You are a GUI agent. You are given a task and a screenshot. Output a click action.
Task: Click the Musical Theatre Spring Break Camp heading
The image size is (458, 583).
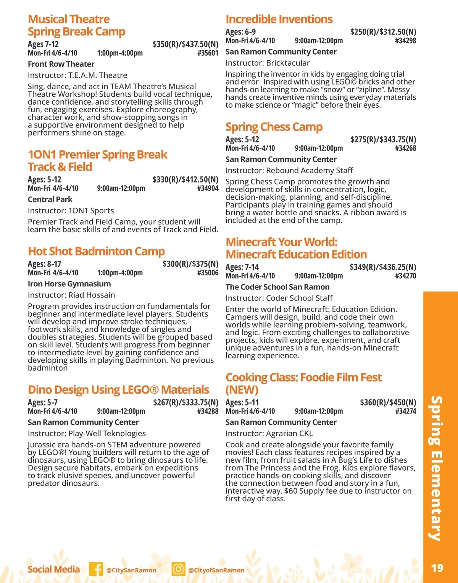coord(76,25)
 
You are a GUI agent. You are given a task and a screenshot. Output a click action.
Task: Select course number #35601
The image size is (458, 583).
coord(208,53)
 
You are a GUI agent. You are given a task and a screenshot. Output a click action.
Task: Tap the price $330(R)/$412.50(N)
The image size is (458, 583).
coord(185,179)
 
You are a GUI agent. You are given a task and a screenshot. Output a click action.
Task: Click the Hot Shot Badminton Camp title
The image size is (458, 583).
coord(96,251)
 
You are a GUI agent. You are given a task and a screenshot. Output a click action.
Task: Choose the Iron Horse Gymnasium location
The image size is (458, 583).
coord(69,284)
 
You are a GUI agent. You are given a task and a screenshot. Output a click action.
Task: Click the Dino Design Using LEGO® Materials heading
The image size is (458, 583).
coord(118,390)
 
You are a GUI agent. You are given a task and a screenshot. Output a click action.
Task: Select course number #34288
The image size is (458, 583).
coord(208,411)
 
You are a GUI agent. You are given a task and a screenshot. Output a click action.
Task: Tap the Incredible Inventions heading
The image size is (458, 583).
coord(279,19)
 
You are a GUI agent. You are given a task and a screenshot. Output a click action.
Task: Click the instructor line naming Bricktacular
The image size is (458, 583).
coord(268,63)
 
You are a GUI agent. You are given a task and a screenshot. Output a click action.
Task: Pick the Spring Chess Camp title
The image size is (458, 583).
coord(274,127)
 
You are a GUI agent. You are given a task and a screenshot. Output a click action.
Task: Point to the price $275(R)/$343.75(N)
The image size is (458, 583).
coord(383,139)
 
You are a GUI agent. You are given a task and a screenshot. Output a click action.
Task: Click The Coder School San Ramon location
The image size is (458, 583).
coord(277,287)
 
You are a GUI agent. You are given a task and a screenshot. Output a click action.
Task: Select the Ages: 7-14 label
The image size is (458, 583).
coord(242,267)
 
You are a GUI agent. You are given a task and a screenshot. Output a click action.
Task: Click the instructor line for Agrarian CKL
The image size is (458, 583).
coord(269,433)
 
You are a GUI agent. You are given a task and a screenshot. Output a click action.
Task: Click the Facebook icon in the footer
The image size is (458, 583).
coord(96,569)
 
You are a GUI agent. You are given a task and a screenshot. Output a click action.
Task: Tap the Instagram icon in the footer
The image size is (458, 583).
coord(178,569)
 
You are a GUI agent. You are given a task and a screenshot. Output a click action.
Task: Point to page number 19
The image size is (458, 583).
coord(437,568)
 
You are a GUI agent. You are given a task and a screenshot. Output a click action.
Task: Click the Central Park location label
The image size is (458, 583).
coord(50,199)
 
